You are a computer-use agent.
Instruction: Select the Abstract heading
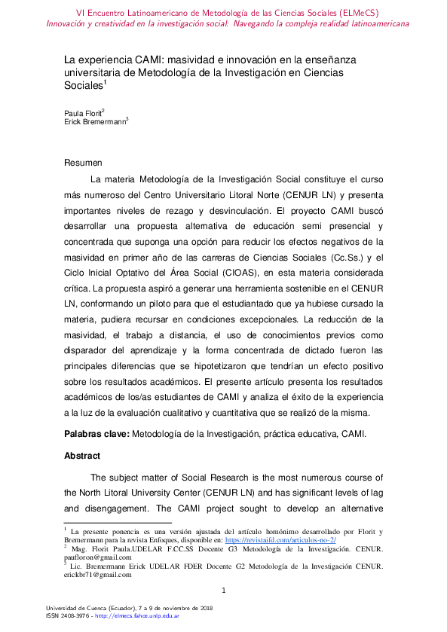click(81, 456)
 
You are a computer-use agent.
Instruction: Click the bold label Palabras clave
click(96, 434)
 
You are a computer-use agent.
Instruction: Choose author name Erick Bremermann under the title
click(94, 121)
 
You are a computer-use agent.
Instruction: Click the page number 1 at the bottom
click(223, 590)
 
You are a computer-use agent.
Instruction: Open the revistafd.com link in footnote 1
click(280, 540)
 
